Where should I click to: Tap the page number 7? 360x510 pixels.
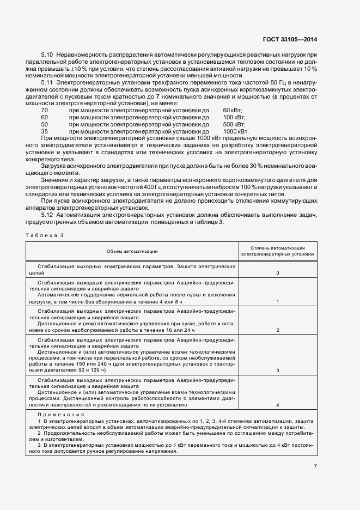tap(316, 465)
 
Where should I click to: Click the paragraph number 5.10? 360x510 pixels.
tap(47, 56)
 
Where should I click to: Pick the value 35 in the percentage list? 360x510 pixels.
tap(45, 132)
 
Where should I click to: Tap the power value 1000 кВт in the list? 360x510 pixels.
tap(235, 132)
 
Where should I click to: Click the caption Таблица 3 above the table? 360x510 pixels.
tap(45, 235)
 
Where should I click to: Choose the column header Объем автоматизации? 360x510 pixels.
tap(132, 251)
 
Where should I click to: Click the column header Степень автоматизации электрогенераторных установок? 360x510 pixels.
tap(278, 251)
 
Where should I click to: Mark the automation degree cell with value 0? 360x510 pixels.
tap(278, 273)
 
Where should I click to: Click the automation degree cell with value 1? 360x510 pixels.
tap(278, 301)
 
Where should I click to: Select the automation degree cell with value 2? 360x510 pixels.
tap(278, 330)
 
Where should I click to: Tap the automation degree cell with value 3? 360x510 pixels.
tap(278, 370)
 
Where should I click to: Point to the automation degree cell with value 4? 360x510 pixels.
tap(278, 405)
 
